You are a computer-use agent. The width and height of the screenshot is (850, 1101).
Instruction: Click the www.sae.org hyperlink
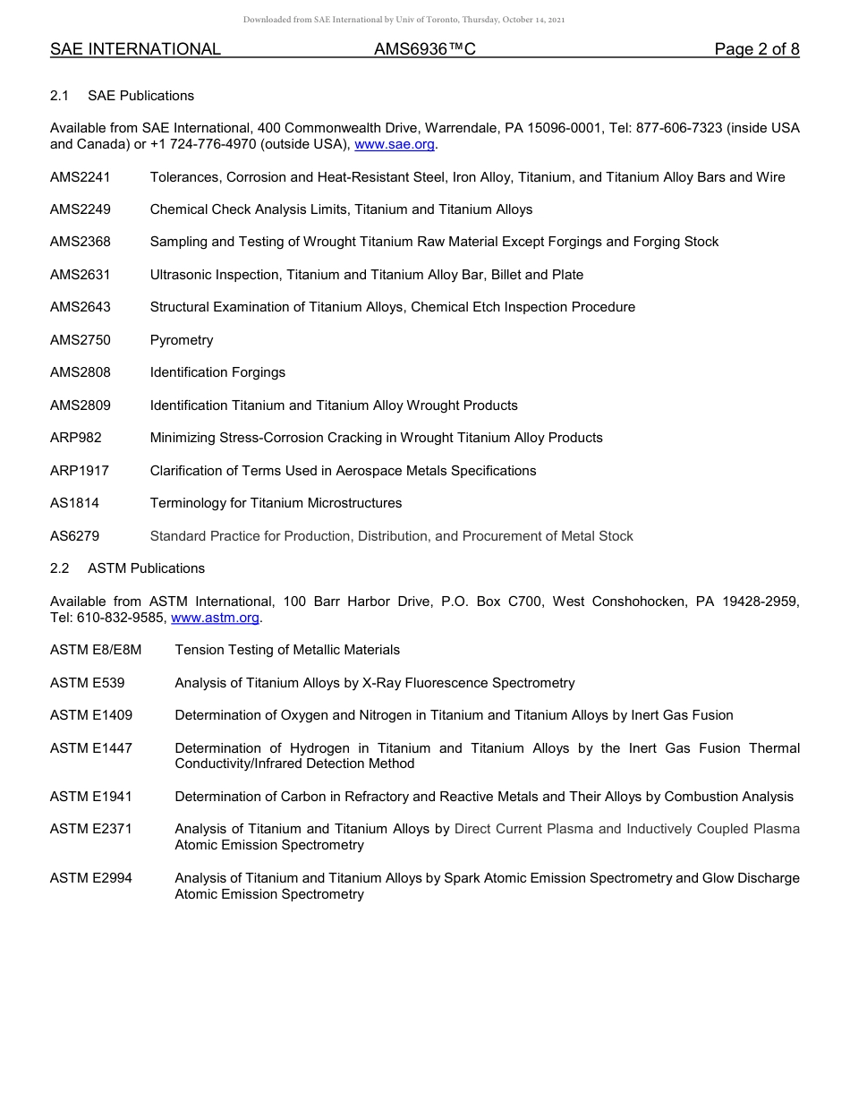click(x=395, y=144)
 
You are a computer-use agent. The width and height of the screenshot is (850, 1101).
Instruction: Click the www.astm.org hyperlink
click(x=215, y=618)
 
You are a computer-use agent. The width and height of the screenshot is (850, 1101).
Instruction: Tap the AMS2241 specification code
click(x=81, y=177)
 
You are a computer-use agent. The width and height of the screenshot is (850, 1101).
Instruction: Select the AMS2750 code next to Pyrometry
click(x=81, y=340)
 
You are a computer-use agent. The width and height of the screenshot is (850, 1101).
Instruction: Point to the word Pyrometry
click(x=182, y=340)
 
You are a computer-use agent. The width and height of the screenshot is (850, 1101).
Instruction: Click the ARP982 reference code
click(x=76, y=438)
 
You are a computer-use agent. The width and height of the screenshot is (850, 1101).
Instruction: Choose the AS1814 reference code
click(x=74, y=503)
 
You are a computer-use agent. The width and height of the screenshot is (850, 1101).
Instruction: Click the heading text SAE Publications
click(x=140, y=96)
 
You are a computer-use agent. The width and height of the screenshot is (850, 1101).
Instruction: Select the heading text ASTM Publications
click(x=146, y=568)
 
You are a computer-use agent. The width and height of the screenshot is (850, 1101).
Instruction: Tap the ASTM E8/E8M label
click(x=96, y=650)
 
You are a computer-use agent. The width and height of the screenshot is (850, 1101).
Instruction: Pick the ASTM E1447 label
click(x=91, y=748)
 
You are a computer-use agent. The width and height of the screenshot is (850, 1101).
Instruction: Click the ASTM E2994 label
click(x=91, y=878)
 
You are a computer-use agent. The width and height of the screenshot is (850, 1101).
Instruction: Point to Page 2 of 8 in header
click(x=756, y=49)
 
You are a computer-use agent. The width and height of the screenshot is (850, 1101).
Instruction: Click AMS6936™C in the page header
click(x=424, y=49)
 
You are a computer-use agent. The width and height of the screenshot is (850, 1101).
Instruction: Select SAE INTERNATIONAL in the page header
click(x=135, y=49)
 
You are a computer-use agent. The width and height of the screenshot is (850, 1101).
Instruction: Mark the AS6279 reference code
click(x=74, y=536)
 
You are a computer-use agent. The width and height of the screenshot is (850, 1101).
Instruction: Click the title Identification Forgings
click(x=217, y=372)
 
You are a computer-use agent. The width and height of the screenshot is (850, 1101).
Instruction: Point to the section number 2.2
click(x=60, y=568)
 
